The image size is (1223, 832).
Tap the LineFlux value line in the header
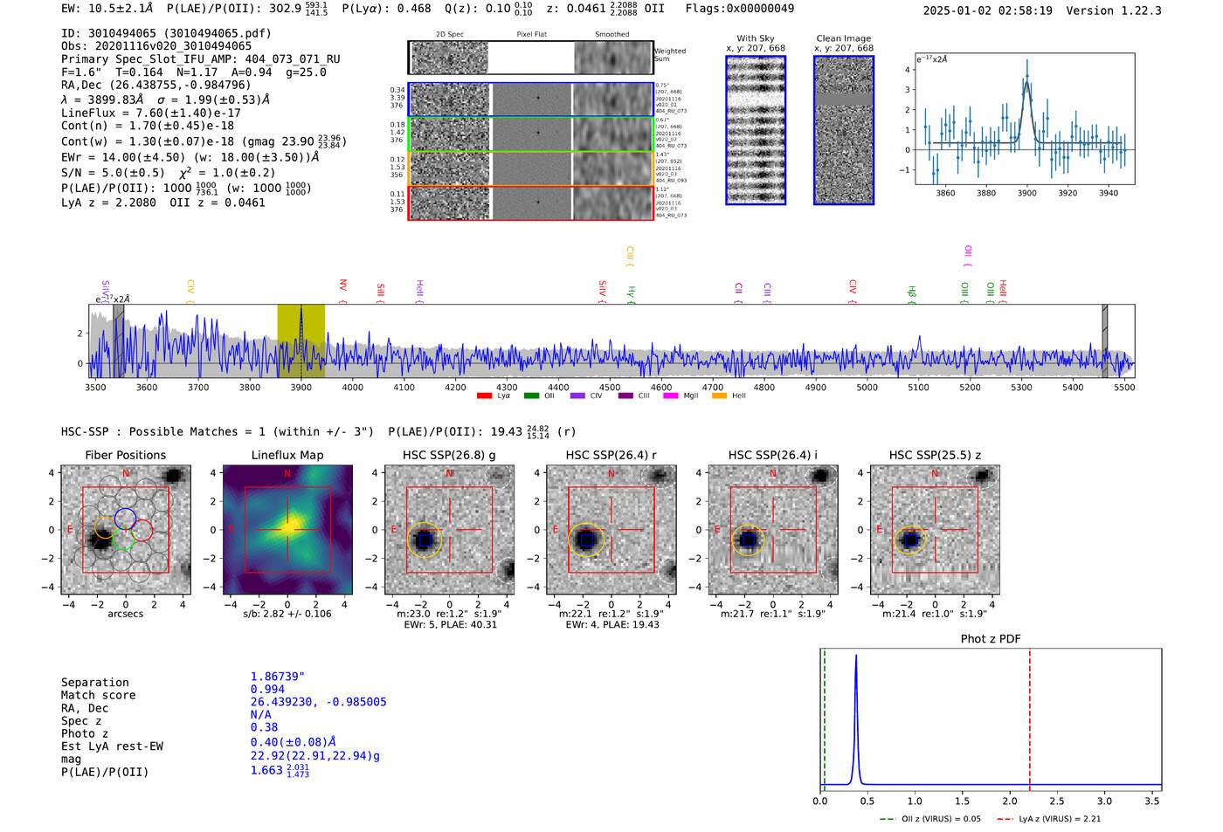150,113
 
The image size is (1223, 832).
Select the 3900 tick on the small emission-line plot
1026,193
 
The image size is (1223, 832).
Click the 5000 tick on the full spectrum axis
867,387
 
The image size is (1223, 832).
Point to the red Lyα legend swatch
484,395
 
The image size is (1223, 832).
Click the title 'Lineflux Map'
287,455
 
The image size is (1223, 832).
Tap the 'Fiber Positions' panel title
125,455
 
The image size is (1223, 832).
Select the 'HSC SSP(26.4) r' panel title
611,455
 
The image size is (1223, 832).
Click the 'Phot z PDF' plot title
991,638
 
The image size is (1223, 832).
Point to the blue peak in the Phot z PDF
856,657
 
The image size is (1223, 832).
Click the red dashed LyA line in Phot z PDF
1030,716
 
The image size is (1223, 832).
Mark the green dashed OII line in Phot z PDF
824,716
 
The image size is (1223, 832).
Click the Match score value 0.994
267,689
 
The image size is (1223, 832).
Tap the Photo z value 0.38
264,727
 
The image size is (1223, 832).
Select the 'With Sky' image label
756,38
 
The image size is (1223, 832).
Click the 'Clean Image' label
843,38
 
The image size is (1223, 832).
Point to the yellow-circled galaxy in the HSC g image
424,540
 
